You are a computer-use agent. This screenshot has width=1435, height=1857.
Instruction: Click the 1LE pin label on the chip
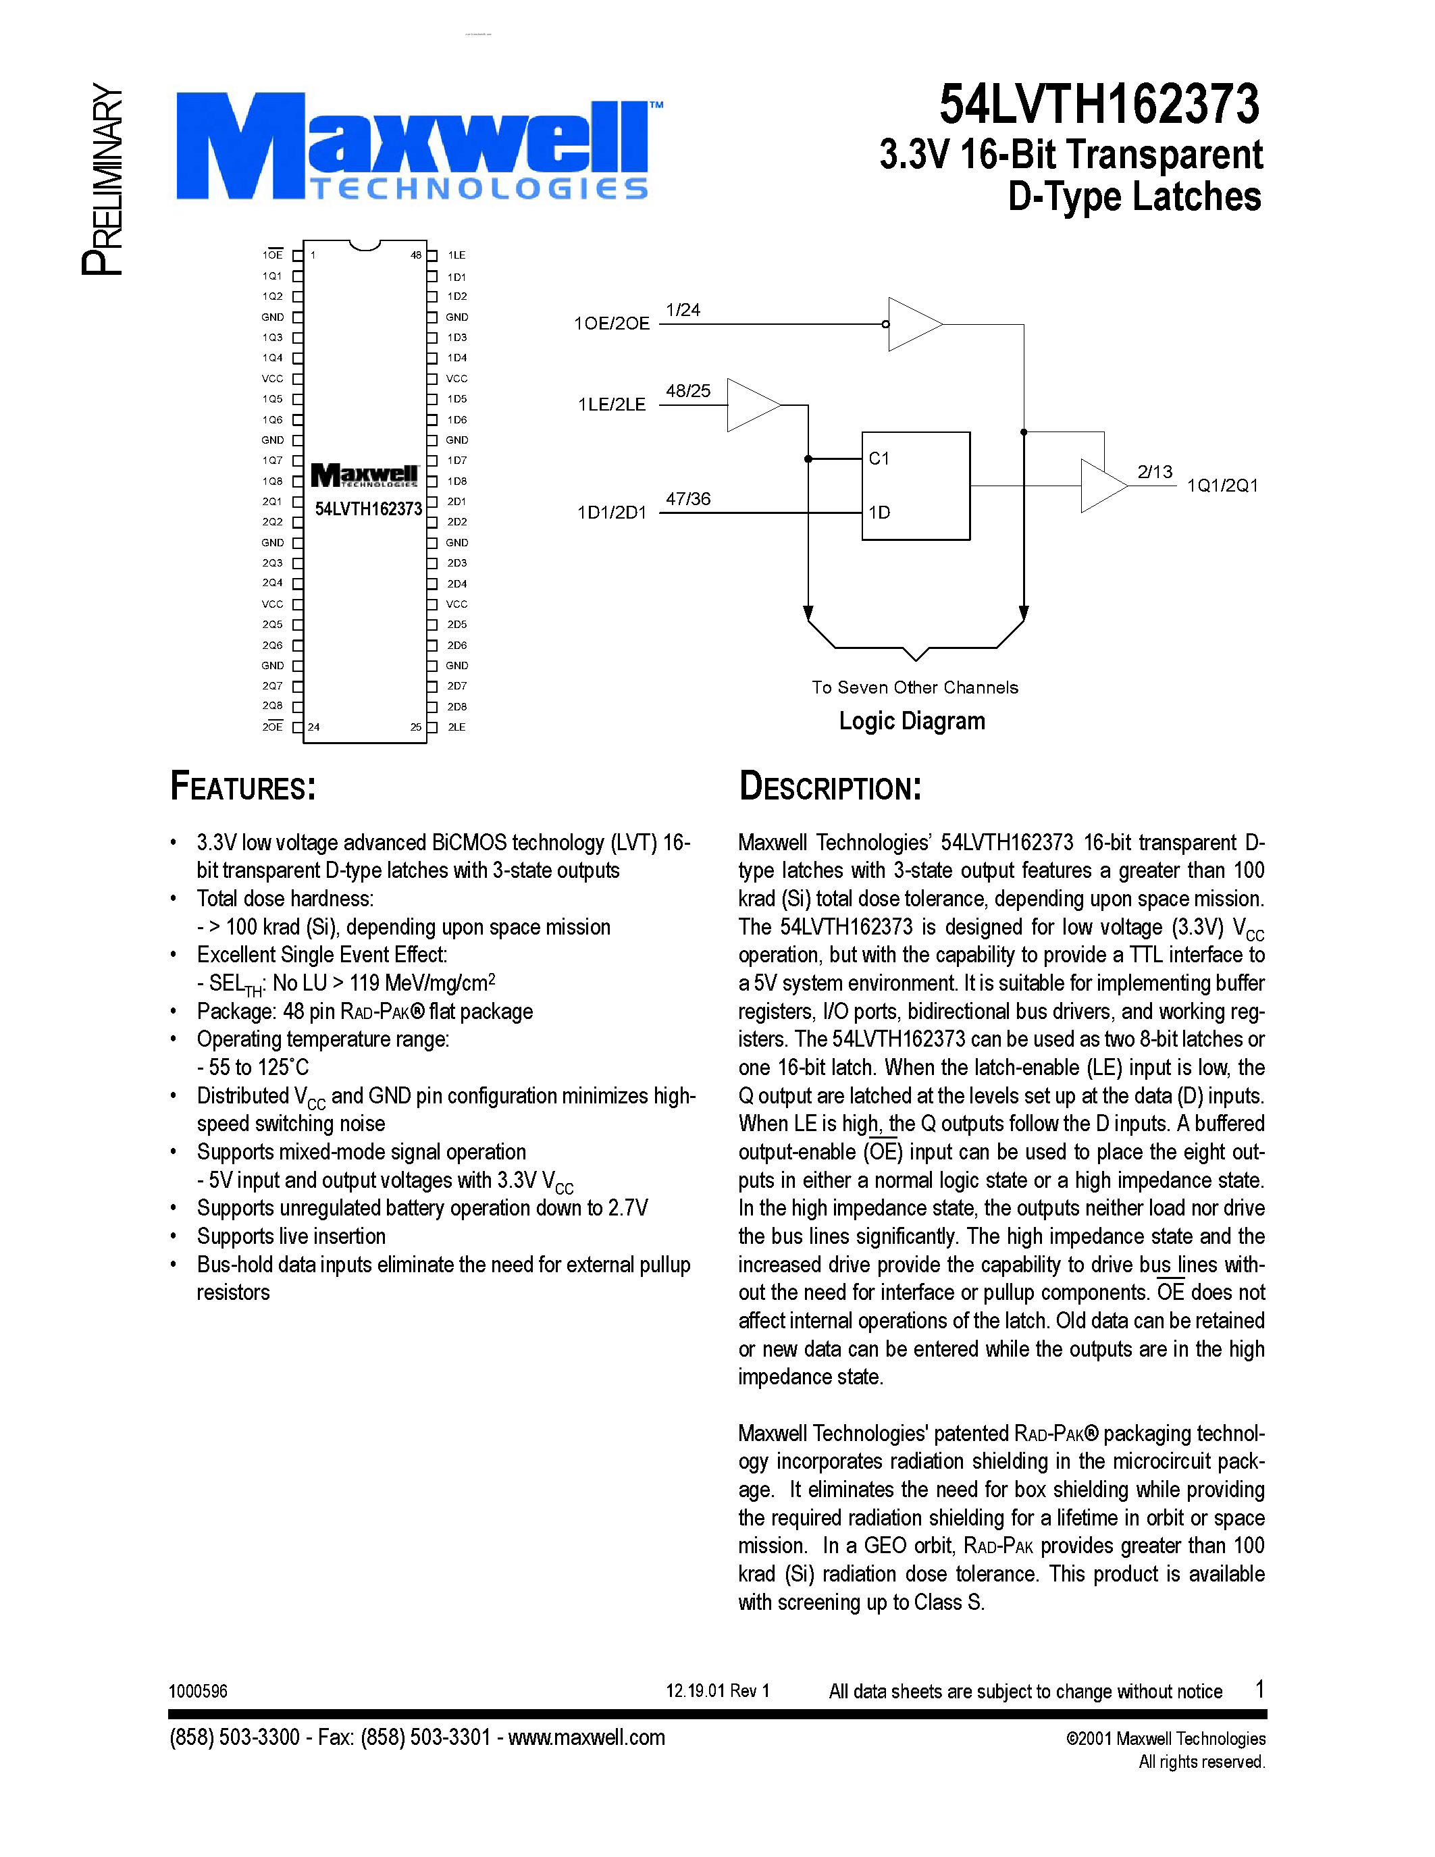pos(456,255)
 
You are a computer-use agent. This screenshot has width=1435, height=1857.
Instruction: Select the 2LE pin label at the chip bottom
pos(456,727)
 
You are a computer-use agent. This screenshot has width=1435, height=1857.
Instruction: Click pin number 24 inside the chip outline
pos(314,727)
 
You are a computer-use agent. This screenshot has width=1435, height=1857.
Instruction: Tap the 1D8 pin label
pos(456,481)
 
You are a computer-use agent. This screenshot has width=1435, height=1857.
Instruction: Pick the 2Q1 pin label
pos(272,502)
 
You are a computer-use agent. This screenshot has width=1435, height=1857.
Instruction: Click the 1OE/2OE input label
pos(611,323)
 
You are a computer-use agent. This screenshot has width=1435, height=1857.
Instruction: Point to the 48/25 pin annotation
pos(687,391)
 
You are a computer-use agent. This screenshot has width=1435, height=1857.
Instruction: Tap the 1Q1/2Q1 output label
pos(1222,486)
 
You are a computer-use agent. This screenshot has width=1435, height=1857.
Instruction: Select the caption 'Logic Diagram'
pos(912,721)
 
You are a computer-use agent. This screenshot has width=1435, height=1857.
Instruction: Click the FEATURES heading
pos(243,787)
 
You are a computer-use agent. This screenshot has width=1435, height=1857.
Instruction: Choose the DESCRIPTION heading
pos(830,787)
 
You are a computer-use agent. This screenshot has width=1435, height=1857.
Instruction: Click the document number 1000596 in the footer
pos(198,1691)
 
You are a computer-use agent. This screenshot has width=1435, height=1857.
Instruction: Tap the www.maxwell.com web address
pos(587,1737)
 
